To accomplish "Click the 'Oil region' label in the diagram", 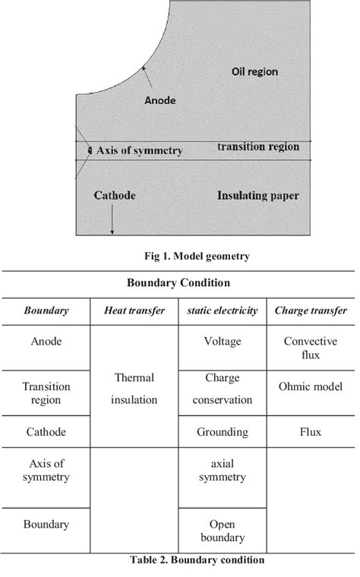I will click(x=254, y=72).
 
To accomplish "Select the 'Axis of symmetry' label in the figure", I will click(x=139, y=151).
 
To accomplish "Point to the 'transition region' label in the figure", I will click(x=257, y=147).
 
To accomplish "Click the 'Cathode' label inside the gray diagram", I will click(x=115, y=196).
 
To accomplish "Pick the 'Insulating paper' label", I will click(x=257, y=196).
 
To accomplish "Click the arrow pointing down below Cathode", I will click(x=112, y=221).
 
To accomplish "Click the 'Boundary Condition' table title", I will click(x=180, y=282).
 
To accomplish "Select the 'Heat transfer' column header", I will click(x=134, y=311).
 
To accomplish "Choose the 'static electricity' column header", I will click(x=222, y=311).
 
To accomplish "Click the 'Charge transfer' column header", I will click(x=310, y=311).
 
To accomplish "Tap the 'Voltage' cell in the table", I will click(x=223, y=342).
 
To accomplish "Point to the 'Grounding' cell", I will click(x=223, y=432).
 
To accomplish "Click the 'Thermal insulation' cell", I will click(x=134, y=387).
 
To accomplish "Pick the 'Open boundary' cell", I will click(x=223, y=531).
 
